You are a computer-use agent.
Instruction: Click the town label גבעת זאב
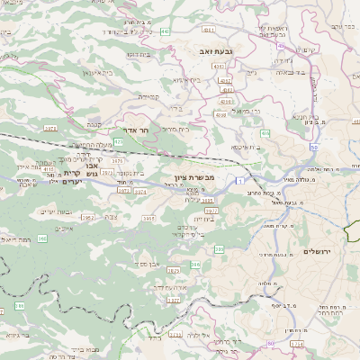(216, 52)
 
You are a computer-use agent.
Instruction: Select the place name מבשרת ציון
(197, 177)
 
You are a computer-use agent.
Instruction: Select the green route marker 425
(118, 140)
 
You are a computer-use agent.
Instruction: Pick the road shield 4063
(228, 90)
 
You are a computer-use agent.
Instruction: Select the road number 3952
(88, 217)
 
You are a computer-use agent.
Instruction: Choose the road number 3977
(211, 211)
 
